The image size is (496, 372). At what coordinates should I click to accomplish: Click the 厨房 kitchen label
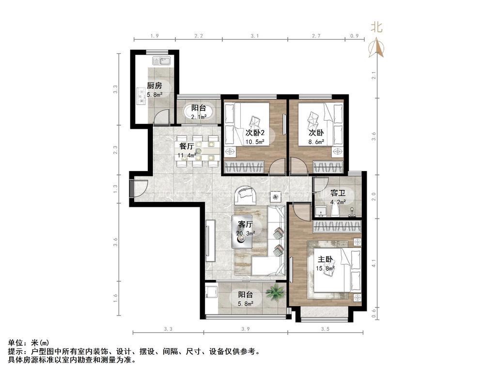tap(155, 85)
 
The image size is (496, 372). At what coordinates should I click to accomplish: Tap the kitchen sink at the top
tap(162, 61)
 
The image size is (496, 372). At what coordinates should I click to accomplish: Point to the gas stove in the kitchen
tap(141, 96)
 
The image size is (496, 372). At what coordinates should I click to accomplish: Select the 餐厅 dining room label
tap(186, 146)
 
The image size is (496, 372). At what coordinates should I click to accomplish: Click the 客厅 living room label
tap(246, 225)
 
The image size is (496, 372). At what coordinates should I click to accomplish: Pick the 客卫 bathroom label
tap(338, 193)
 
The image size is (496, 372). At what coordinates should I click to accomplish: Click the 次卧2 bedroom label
tap(255, 133)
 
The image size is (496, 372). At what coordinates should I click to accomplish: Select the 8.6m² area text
tap(316, 142)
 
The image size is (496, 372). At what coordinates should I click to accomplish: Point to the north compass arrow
tap(376, 47)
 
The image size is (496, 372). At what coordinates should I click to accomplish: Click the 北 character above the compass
tap(376, 27)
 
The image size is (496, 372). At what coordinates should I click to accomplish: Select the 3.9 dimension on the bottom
tap(246, 329)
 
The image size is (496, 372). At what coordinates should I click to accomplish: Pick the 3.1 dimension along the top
tap(255, 36)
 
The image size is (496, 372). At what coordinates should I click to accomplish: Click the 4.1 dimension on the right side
tap(374, 263)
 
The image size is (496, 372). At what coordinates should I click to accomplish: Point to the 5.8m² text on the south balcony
tap(245, 304)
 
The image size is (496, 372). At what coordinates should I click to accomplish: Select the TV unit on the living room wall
tap(210, 240)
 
